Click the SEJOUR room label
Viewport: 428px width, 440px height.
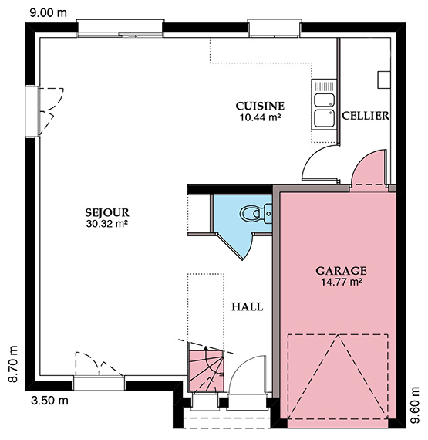tap(107, 212)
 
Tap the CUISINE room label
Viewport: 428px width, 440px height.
tap(260, 106)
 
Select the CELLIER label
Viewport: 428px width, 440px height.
tap(366, 116)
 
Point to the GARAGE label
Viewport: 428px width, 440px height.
tap(341, 271)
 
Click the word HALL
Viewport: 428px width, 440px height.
tap(248, 306)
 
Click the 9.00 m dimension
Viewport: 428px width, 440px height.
tap(49, 13)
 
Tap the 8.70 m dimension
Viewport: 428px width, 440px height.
tap(13, 364)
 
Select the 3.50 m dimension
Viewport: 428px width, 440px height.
tap(49, 401)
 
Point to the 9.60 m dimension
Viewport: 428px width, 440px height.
tap(415, 405)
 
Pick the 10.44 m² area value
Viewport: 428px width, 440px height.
tap(260, 117)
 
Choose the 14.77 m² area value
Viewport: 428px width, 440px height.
tap(341, 282)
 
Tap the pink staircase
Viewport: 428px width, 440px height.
tap(206, 371)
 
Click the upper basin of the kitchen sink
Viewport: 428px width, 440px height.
tap(325, 100)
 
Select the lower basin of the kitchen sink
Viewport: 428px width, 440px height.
tap(325, 118)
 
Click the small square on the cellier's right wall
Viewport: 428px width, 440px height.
tap(384, 80)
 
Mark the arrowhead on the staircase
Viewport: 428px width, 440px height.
tap(206, 349)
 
